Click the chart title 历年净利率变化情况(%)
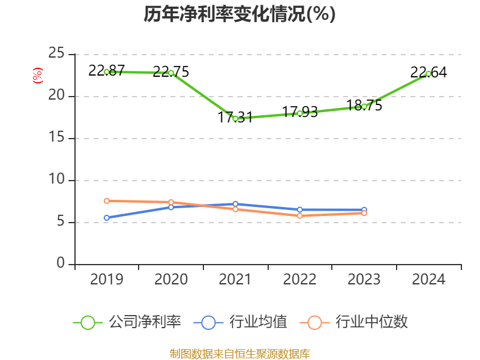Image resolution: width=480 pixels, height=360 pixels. (x=239, y=14)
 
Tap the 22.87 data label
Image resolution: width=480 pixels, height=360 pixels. (x=106, y=70)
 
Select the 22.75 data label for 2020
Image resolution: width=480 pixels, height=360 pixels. (x=171, y=72)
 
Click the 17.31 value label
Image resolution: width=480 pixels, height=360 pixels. (x=235, y=117)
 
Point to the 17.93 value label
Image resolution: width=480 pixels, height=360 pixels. (x=299, y=112)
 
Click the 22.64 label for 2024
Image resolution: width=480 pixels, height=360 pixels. (x=428, y=73)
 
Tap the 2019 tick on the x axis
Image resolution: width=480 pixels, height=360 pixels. (x=107, y=279)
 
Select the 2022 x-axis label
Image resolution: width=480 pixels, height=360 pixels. (x=299, y=279)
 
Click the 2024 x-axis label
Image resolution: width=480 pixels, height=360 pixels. (x=428, y=279)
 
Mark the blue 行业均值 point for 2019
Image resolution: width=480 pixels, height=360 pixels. (x=107, y=218)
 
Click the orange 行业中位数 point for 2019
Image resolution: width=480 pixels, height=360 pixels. (x=107, y=200)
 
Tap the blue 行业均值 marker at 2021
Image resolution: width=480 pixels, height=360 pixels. (x=235, y=204)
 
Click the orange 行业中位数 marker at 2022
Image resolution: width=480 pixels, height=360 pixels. (x=299, y=215)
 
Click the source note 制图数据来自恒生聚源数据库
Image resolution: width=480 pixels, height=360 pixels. (x=239, y=353)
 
